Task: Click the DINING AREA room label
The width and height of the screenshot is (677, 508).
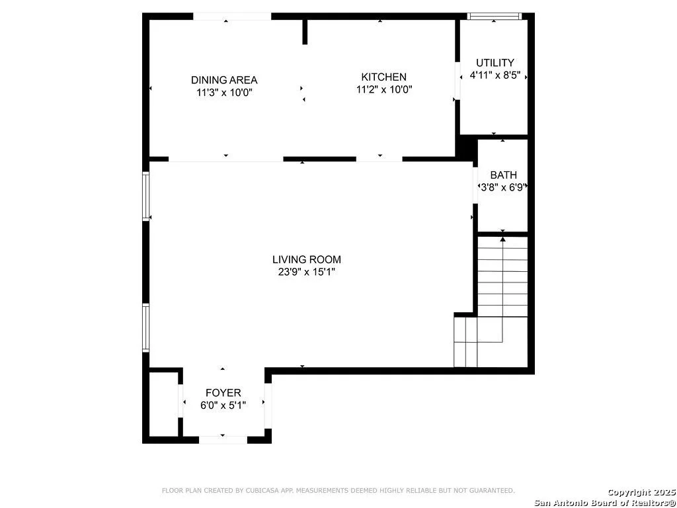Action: point(224,80)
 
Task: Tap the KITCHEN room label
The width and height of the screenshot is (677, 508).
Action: point(384,77)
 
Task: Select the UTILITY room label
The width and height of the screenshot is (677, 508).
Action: point(495,63)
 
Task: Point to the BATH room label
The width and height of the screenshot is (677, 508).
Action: point(503,175)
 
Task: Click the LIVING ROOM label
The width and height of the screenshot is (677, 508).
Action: point(307,259)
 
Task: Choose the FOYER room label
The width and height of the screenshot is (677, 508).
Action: point(223,393)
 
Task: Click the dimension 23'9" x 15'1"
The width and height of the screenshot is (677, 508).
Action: point(307,272)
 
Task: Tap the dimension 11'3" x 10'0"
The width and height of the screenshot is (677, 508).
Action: point(224,93)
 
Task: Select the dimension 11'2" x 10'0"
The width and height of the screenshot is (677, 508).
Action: point(384,89)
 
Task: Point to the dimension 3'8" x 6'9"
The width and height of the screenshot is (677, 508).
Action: point(503,187)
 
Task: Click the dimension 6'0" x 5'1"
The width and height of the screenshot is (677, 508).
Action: point(223,405)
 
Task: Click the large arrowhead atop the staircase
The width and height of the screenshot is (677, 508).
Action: point(503,239)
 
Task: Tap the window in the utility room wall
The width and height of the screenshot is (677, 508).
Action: point(495,17)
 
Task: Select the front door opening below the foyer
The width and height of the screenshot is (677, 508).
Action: point(223,440)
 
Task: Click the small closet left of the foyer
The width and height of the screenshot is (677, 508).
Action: point(164,404)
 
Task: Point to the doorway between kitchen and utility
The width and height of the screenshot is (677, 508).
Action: point(458,81)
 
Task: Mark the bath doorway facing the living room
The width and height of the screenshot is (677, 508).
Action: point(475,185)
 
